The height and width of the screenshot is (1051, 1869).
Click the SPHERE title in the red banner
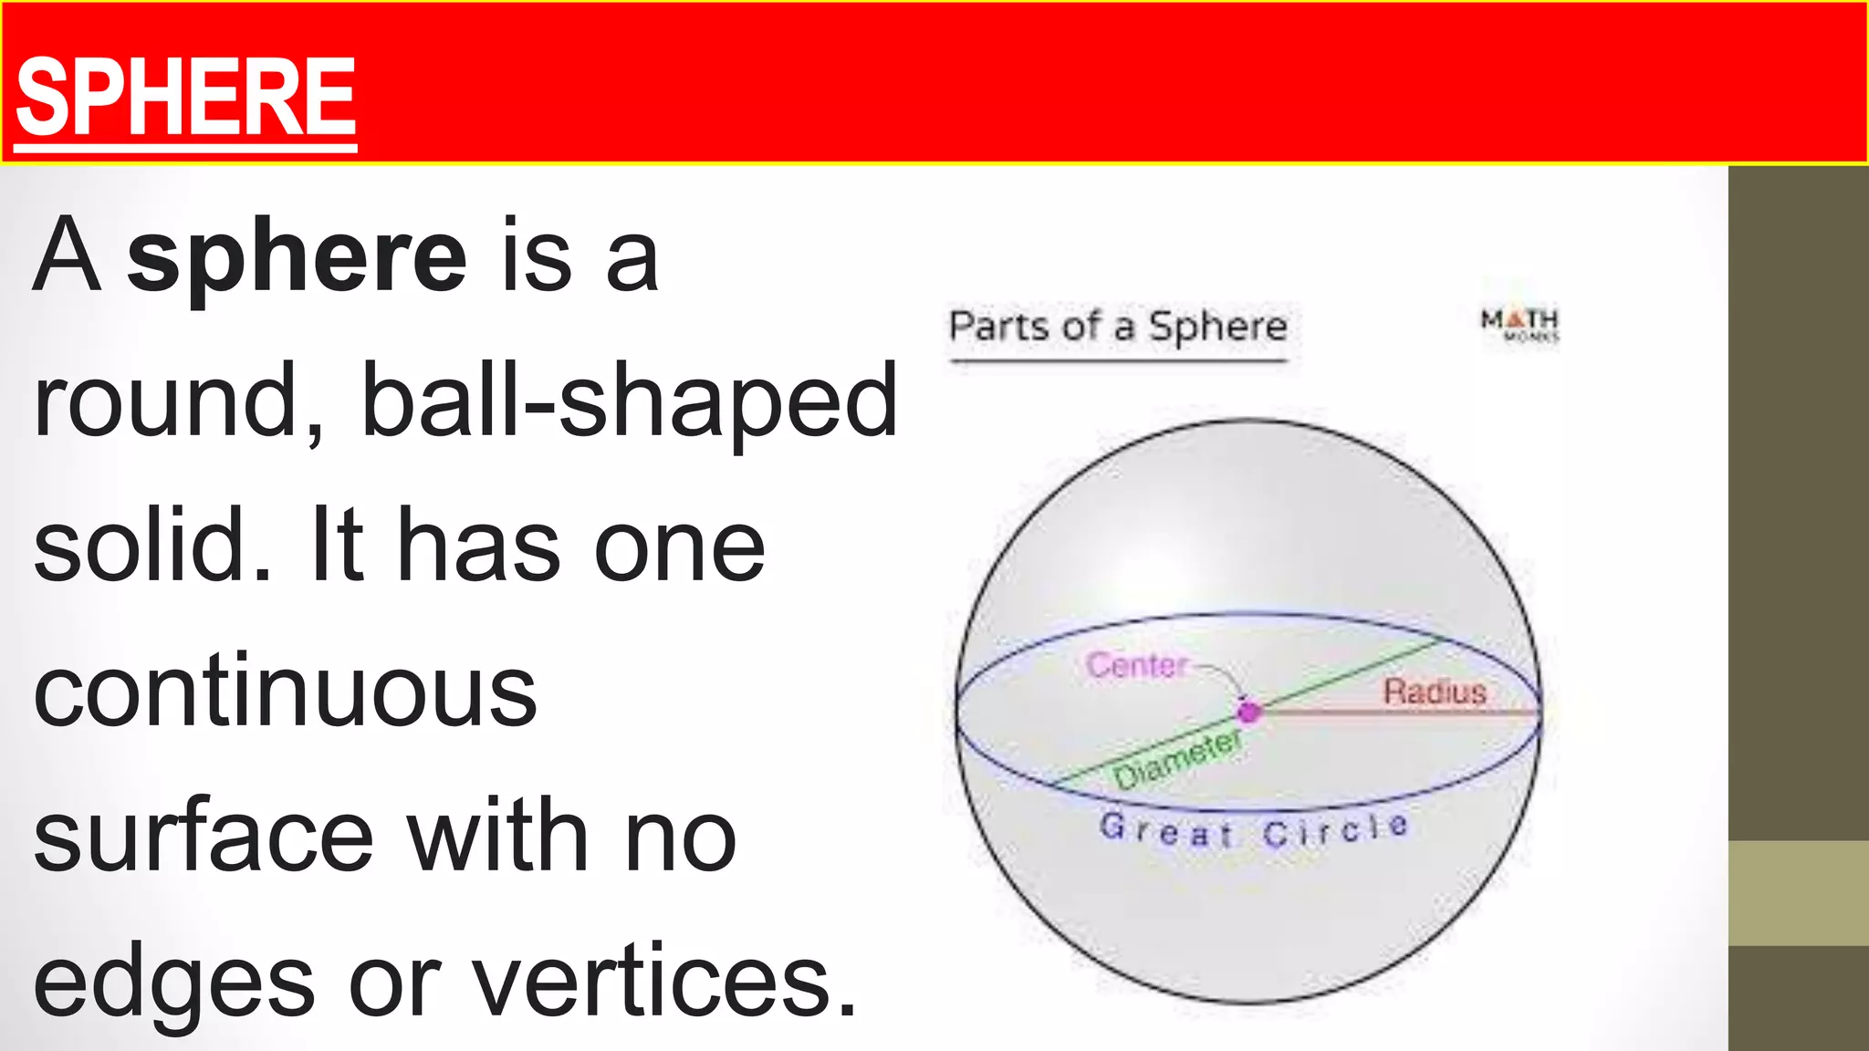[185, 97]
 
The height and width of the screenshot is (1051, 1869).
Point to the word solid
[151, 546]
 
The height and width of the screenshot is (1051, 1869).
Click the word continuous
[285, 692]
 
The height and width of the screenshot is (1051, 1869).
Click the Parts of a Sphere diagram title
[1118, 327]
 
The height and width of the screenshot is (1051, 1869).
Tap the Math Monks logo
[1519, 324]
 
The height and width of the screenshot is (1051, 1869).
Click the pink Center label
[1137, 665]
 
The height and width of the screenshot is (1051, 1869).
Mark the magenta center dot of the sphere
[1248, 712]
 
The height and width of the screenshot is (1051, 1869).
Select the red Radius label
[1435, 692]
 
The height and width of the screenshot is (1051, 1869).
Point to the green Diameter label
[1177, 760]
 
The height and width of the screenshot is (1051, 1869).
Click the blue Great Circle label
[1254, 830]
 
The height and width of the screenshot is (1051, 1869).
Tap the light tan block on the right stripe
[1798, 892]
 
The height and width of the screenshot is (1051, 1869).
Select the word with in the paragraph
[497, 836]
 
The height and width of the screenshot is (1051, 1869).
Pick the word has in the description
[479, 546]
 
